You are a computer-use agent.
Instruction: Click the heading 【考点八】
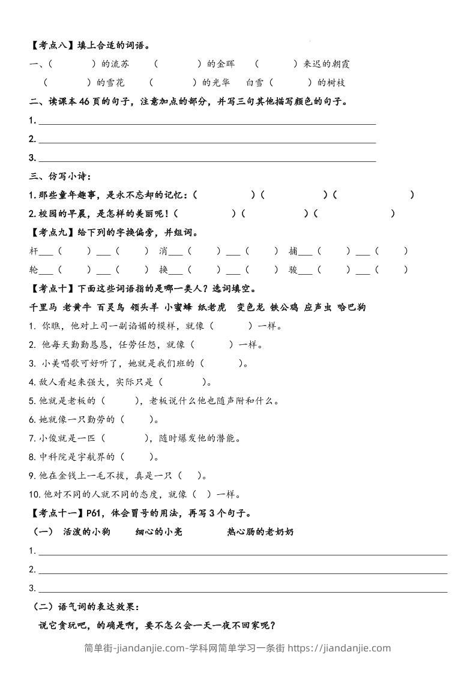point(50,46)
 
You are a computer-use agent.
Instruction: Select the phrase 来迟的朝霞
point(330,64)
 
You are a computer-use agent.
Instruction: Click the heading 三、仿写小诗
point(60,176)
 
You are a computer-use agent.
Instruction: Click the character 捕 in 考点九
point(293,251)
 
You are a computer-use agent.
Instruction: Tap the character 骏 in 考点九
point(293,270)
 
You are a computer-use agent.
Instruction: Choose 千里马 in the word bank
point(43,308)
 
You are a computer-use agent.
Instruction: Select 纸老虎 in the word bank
point(212,308)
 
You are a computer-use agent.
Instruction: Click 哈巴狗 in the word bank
point(352,308)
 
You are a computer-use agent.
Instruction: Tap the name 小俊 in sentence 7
point(51,438)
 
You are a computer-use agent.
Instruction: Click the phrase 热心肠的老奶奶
point(261,532)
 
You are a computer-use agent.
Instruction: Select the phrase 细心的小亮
point(158,532)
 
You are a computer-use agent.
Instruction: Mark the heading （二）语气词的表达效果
point(86,606)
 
